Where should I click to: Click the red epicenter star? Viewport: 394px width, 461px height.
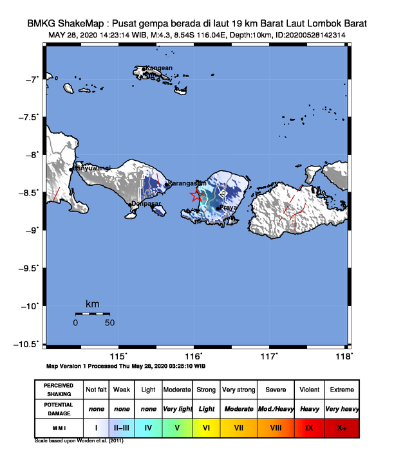pyautogui.click(x=196, y=196)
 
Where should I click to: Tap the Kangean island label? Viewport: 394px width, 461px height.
pyautogui.click(x=158, y=68)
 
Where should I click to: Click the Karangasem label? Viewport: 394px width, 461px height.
pyautogui.click(x=185, y=183)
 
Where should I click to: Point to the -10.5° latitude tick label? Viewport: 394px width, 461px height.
pyautogui.click(x=28, y=344)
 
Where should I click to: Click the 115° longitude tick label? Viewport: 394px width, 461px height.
pyautogui.click(x=120, y=356)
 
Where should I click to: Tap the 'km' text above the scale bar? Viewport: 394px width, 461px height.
pyautogui.click(x=92, y=303)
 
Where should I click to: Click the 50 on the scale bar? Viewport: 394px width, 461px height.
pyautogui.click(x=109, y=322)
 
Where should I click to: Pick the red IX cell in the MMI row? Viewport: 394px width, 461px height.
pyautogui.click(x=310, y=427)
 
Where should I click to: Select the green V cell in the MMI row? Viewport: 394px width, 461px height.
pyautogui.click(x=177, y=427)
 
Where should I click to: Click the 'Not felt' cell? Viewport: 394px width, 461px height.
pyautogui.click(x=96, y=390)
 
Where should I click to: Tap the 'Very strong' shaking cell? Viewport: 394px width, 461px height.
pyautogui.click(x=238, y=390)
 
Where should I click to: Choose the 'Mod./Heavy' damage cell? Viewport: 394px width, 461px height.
pyautogui.click(x=275, y=409)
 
